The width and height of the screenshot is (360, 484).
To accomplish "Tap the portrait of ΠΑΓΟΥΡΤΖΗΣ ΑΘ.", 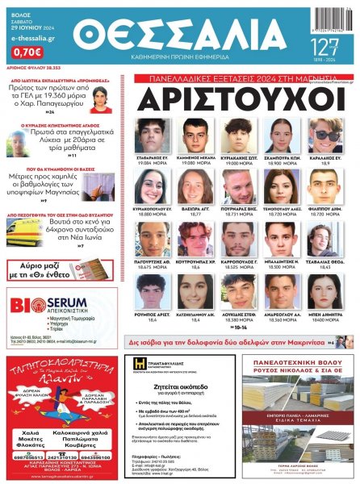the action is [150, 237].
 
